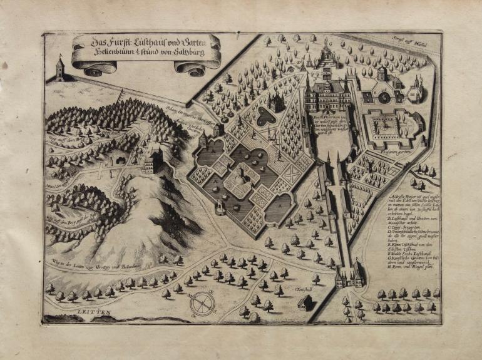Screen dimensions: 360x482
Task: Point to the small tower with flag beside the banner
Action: [x=59, y=69]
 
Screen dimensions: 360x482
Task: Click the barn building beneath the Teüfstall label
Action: [x=305, y=302]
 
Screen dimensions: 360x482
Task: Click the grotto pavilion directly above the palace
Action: [x=326, y=58]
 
